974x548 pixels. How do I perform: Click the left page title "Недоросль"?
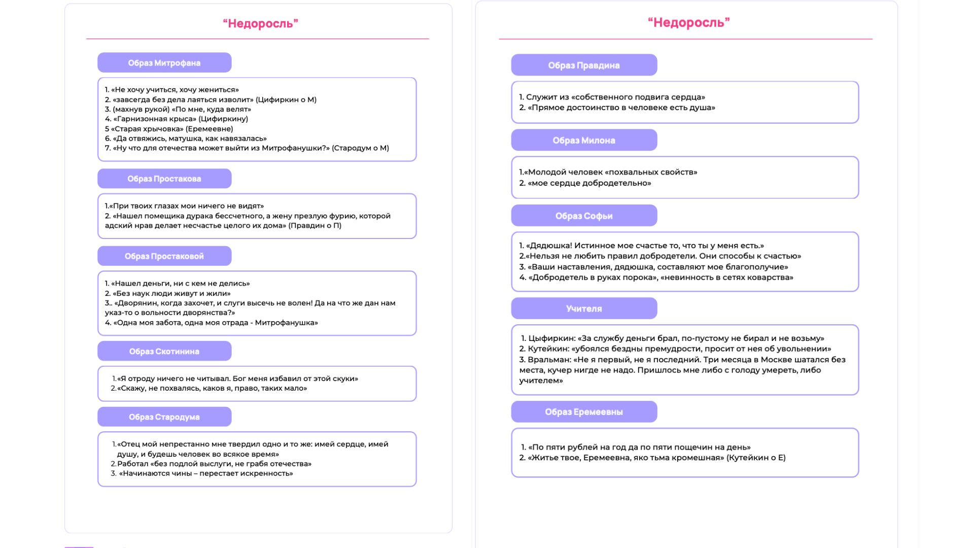(x=260, y=23)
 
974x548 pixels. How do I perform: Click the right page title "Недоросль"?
(x=688, y=22)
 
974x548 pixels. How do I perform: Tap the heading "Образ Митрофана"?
(x=164, y=63)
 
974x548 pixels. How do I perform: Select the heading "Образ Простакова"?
(x=164, y=179)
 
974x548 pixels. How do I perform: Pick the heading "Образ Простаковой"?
(x=164, y=256)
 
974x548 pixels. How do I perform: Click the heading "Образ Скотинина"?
(x=164, y=351)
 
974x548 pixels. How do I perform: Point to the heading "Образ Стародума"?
(x=164, y=417)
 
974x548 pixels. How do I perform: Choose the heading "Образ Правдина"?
(x=584, y=65)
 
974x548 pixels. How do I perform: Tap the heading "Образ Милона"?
(x=584, y=141)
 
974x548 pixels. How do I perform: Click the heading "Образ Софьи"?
(x=584, y=216)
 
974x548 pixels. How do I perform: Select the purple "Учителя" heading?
(x=584, y=309)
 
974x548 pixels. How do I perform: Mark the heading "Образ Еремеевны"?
(x=584, y=412)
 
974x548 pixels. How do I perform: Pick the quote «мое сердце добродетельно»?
(x=589, y=183)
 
